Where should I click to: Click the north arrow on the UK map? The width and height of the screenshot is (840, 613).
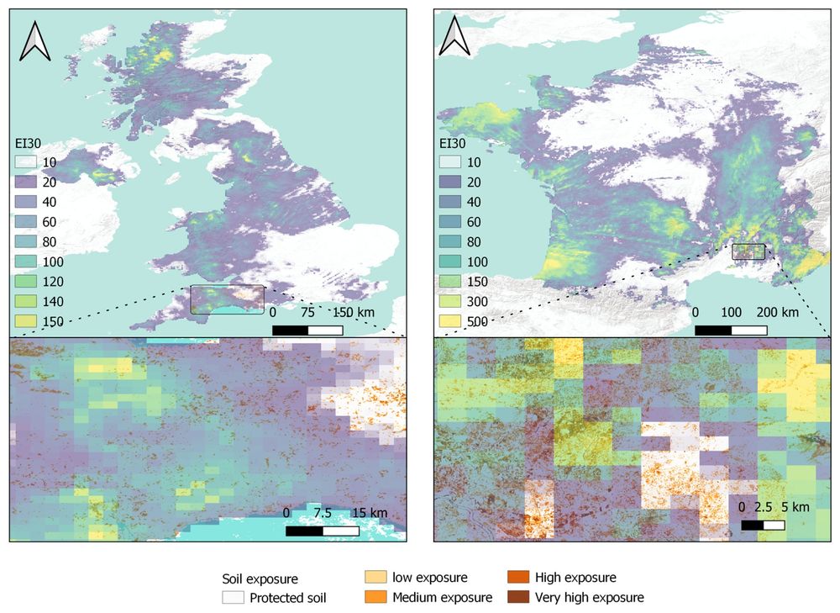[35, 41]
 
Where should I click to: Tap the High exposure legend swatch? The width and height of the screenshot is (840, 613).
[517, 578]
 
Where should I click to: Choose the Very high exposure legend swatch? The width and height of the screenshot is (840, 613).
[517, 598]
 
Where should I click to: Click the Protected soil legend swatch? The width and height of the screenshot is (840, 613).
[233, 599]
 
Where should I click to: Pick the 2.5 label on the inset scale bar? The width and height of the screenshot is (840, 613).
[764, 507]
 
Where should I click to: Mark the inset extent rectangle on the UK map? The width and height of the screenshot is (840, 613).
[227, 299]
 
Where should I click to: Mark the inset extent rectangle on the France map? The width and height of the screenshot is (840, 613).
[748, 251]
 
